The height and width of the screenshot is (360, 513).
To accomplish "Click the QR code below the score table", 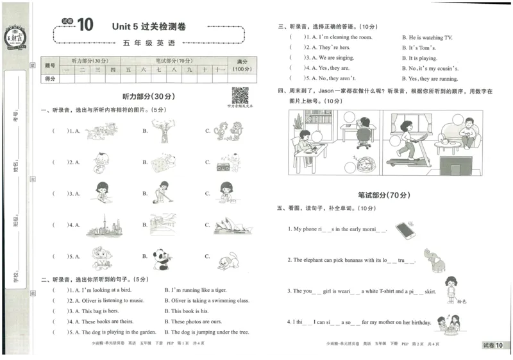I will (240, 96).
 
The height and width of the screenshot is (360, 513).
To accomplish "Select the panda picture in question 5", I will (160, 257).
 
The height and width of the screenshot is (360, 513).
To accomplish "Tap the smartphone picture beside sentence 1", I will (405, 229).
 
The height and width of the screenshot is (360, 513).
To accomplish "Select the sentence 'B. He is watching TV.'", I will (426, 37).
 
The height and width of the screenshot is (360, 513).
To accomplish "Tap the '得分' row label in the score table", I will (50, 78).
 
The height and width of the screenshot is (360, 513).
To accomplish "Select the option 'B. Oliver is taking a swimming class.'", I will (206, 300).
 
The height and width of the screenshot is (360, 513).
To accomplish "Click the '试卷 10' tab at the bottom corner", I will (496, 346).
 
